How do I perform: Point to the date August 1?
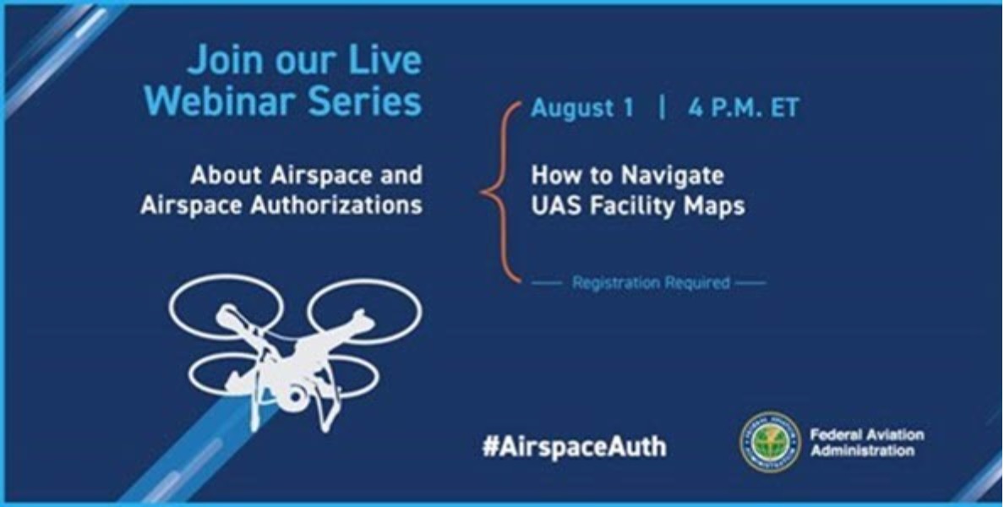pyautogui.click(x=581, y=110)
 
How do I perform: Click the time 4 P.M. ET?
pyautogui.click(x=743, y=110)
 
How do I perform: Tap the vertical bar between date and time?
pyautogui.click(x=661, y=110)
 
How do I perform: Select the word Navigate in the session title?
pyautogui.click(x=673, y=176)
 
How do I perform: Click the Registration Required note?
pyautogui.click(x=650, y=283)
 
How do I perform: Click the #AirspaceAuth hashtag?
pyautogui.click(x=574, y=446)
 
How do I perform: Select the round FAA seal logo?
pyautogui.click(x=770, y=443)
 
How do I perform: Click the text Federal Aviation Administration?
pyautogui.click(x=866, y=442)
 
